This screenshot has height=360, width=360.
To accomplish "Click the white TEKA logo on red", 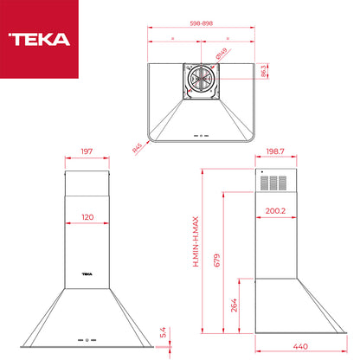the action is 39,39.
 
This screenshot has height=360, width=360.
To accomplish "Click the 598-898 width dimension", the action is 202,23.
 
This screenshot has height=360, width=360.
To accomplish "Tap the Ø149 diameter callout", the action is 222,54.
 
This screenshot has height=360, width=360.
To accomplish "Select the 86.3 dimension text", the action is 264,71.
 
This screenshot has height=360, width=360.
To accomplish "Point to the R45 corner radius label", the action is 138,148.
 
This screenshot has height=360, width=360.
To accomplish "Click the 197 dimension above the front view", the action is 87,151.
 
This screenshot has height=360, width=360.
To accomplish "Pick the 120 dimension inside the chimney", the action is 87,217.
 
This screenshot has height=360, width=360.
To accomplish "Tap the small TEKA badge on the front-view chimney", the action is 87,274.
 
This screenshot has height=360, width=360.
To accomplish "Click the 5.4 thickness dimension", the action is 163,332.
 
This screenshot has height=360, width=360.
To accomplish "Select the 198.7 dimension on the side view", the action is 275,151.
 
